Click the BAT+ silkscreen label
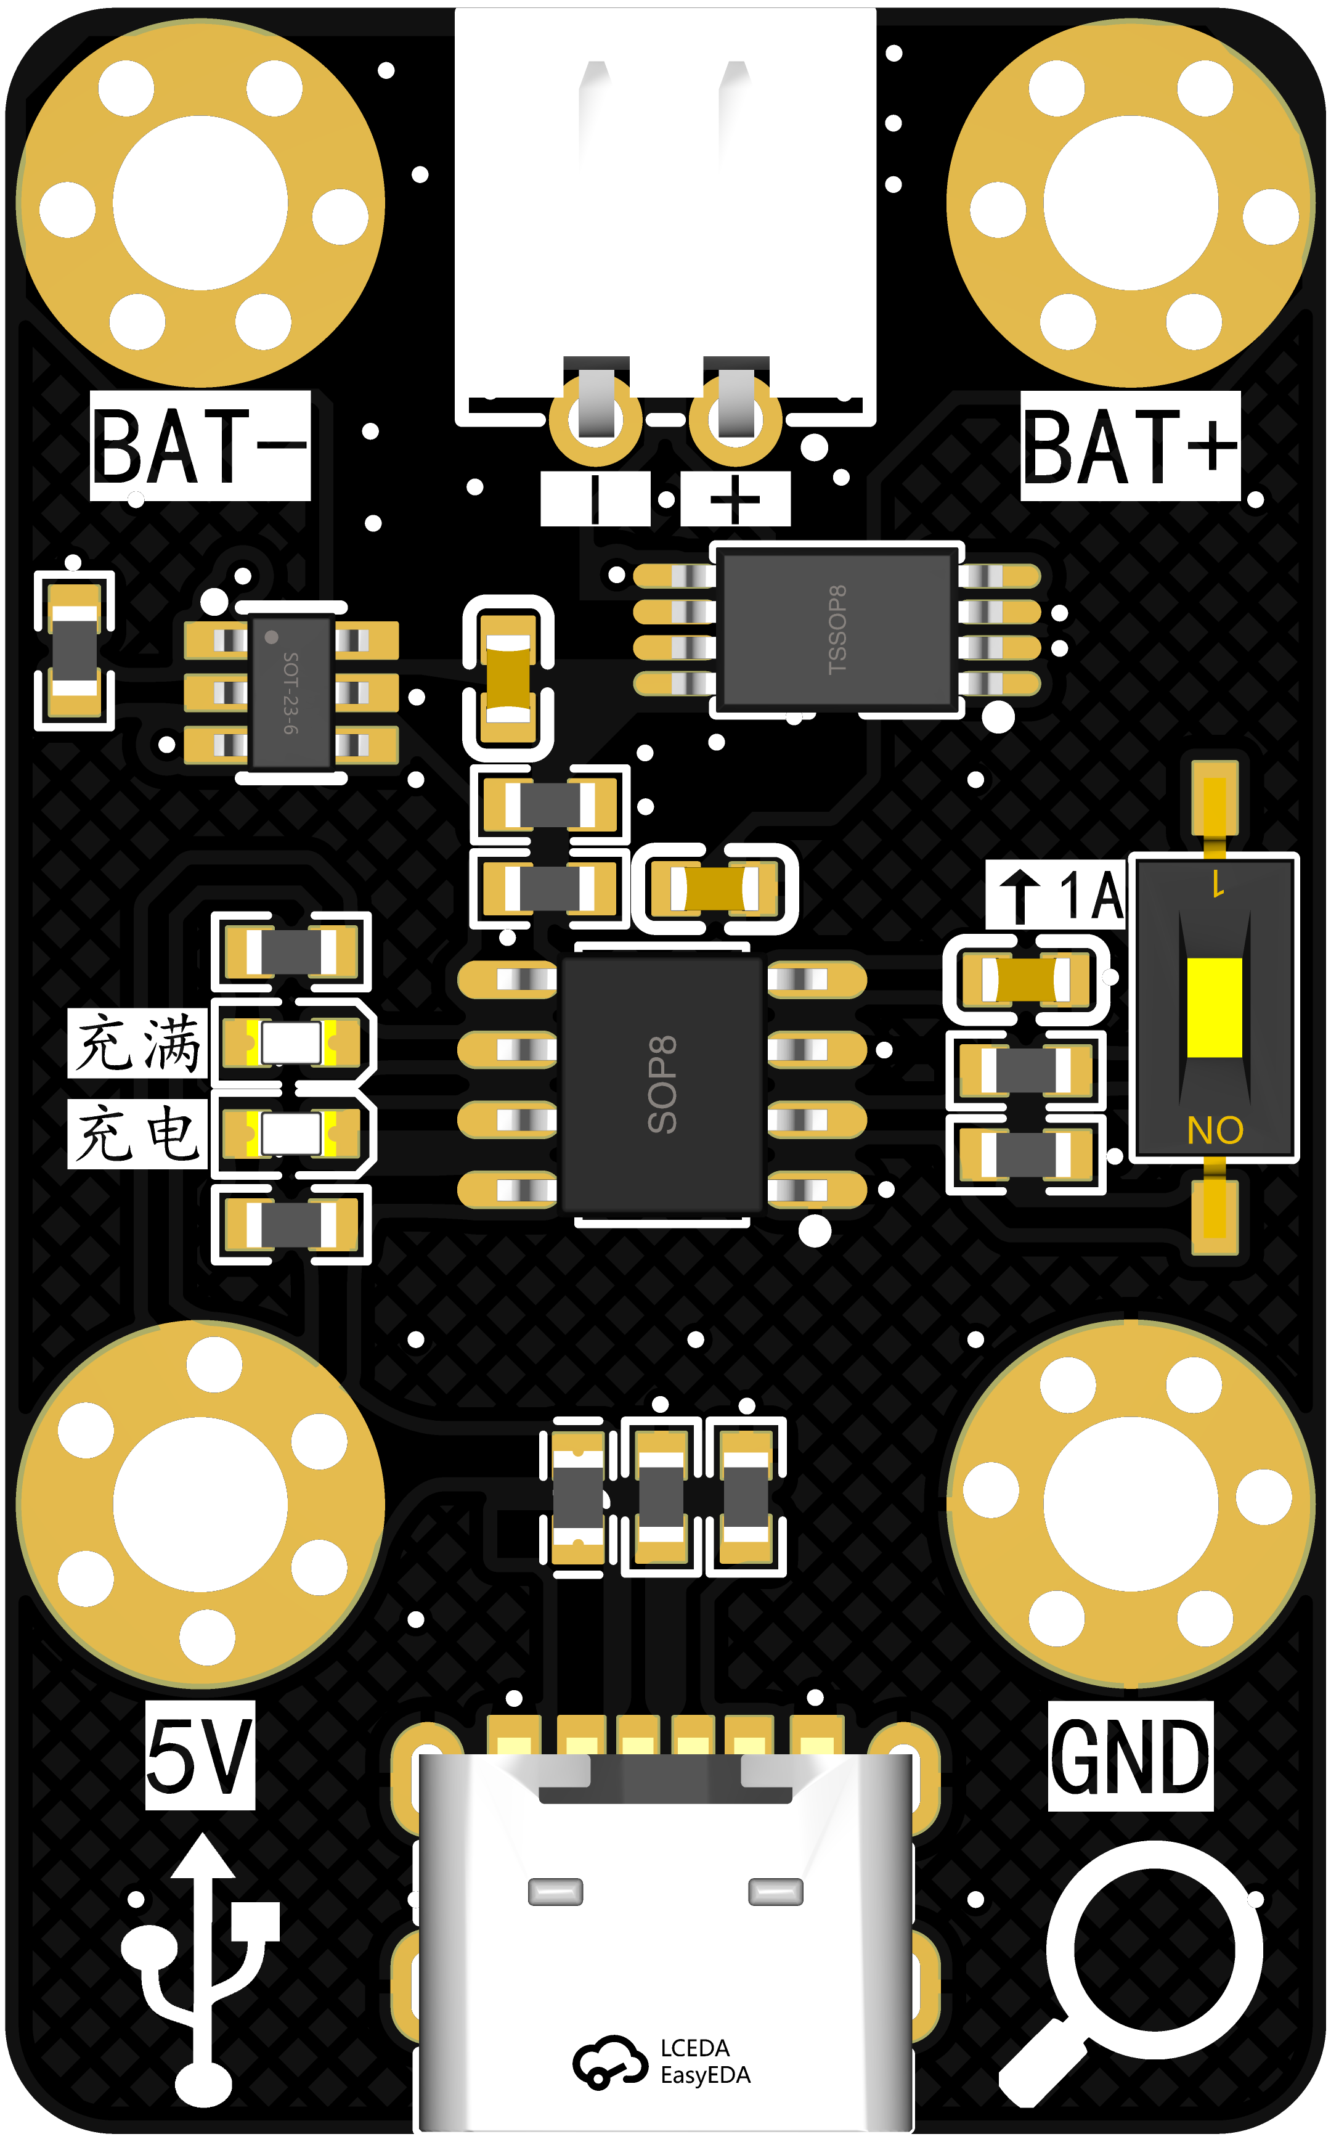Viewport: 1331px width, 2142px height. [1130, 446]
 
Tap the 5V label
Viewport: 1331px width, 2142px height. [200, 1756]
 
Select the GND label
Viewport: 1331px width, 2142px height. [1130, 1756]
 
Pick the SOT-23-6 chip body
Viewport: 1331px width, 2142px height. [291, 692]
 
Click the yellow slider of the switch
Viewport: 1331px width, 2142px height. [1214, 1007]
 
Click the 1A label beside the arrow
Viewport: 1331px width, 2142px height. [1091, 896]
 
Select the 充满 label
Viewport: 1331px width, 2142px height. [138, 1044]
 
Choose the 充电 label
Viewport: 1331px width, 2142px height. [138, 1134]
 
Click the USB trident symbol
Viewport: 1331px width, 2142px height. [201, 1972]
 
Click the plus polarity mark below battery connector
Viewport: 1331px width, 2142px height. [735, 499]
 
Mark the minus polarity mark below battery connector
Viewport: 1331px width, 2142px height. [596, 499]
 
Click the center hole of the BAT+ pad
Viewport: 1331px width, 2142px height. [1130, 203]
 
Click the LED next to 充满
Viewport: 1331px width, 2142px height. [291, 1044]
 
